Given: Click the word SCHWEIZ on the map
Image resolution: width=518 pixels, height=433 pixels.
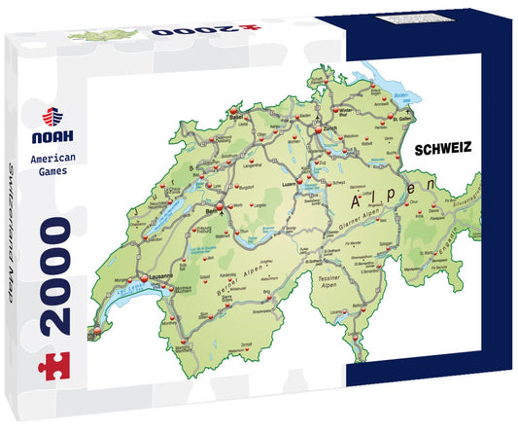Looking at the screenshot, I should [x=442, y=150].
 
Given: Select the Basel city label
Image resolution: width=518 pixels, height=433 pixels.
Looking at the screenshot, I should [x=233, y=110].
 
